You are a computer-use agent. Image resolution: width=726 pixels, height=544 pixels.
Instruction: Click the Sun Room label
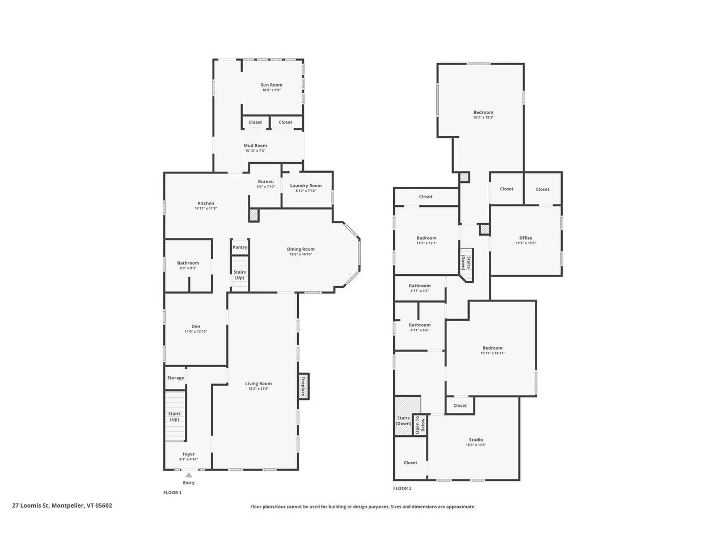coord(271,85)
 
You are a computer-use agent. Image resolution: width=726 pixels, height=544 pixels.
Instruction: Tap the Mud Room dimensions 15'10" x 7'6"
coord(255,151)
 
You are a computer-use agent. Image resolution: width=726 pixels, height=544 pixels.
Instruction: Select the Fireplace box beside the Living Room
coord(303,386)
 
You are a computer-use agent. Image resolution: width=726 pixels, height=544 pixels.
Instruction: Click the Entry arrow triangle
coord(189,475)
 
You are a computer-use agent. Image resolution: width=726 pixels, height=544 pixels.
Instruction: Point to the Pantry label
coord(240,247)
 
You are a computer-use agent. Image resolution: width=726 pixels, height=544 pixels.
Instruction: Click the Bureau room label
coord(265,182)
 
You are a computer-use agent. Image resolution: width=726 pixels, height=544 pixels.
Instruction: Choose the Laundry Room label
coord(306,185)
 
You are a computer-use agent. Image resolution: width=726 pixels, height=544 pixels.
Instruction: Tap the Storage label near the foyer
coord(175,378)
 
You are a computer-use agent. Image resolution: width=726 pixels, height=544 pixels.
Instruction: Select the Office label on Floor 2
coord(526,238)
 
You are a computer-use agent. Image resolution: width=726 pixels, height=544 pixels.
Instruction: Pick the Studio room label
coord(476,440)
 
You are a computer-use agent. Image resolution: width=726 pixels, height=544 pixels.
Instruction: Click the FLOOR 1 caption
coord(172,493)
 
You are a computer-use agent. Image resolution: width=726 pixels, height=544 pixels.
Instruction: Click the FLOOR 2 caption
coord(402,488)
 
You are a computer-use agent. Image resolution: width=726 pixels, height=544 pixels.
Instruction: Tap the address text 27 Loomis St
coord(62,505)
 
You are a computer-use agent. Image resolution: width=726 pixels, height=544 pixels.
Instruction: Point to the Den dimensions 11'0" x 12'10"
coord(196,332)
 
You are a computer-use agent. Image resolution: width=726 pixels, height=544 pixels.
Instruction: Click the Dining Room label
coord(301,249)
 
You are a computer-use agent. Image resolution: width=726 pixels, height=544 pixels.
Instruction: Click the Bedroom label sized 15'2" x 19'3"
coord(483,113)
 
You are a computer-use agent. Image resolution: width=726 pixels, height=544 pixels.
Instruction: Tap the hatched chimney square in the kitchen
coord(253,215)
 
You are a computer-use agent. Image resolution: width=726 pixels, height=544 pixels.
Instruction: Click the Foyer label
coord(188,454)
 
